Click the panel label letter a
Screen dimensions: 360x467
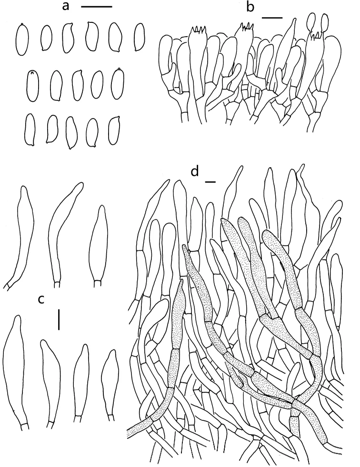(66, 6)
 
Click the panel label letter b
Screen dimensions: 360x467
(250, 8)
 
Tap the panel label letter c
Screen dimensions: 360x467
(41, 299)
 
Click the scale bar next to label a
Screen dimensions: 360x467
(96, 6)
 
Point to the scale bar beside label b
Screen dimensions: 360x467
(272, 18)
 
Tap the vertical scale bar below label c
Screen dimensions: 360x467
(59, 319)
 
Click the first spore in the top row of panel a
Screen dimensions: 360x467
(22, 40)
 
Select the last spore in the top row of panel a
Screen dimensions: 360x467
(140, 37)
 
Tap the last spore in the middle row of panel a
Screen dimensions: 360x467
(118, 83)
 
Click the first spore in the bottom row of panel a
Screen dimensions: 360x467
(30, 129)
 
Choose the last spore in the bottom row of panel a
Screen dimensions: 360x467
(114, 130)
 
